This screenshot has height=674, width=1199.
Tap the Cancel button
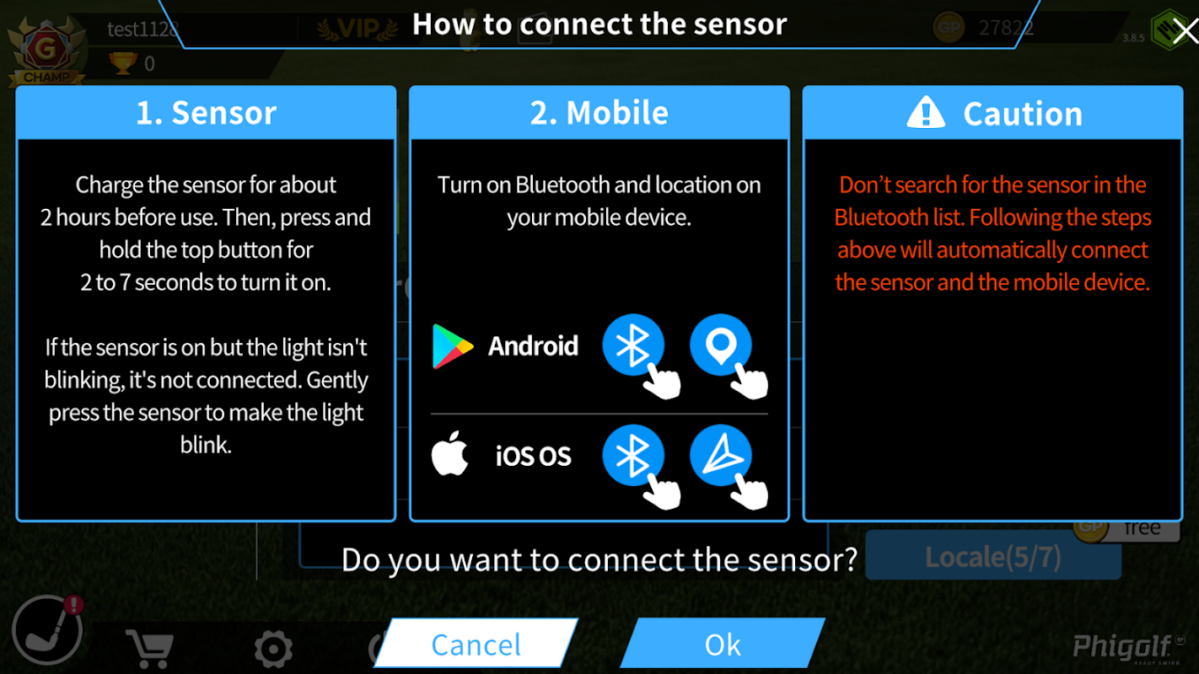point(476,644)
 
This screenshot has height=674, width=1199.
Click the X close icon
point(1185,31)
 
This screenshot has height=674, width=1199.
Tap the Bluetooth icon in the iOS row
point(633,455)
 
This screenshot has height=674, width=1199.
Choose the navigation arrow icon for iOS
point(720,455)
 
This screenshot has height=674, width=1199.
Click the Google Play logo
point(452,346)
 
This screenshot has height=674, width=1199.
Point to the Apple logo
point(449,453)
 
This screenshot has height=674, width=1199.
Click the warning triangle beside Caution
point(926,112)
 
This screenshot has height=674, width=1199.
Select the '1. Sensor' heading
point(206,113)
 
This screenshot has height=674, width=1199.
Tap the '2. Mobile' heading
point(599,113)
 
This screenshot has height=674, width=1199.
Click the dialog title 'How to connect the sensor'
point(599,24)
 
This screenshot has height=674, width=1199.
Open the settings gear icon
point(273,649)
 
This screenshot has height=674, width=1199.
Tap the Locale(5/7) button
point(993,556)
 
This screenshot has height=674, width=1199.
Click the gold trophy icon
point(123,63)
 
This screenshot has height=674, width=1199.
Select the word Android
point(533,346)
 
